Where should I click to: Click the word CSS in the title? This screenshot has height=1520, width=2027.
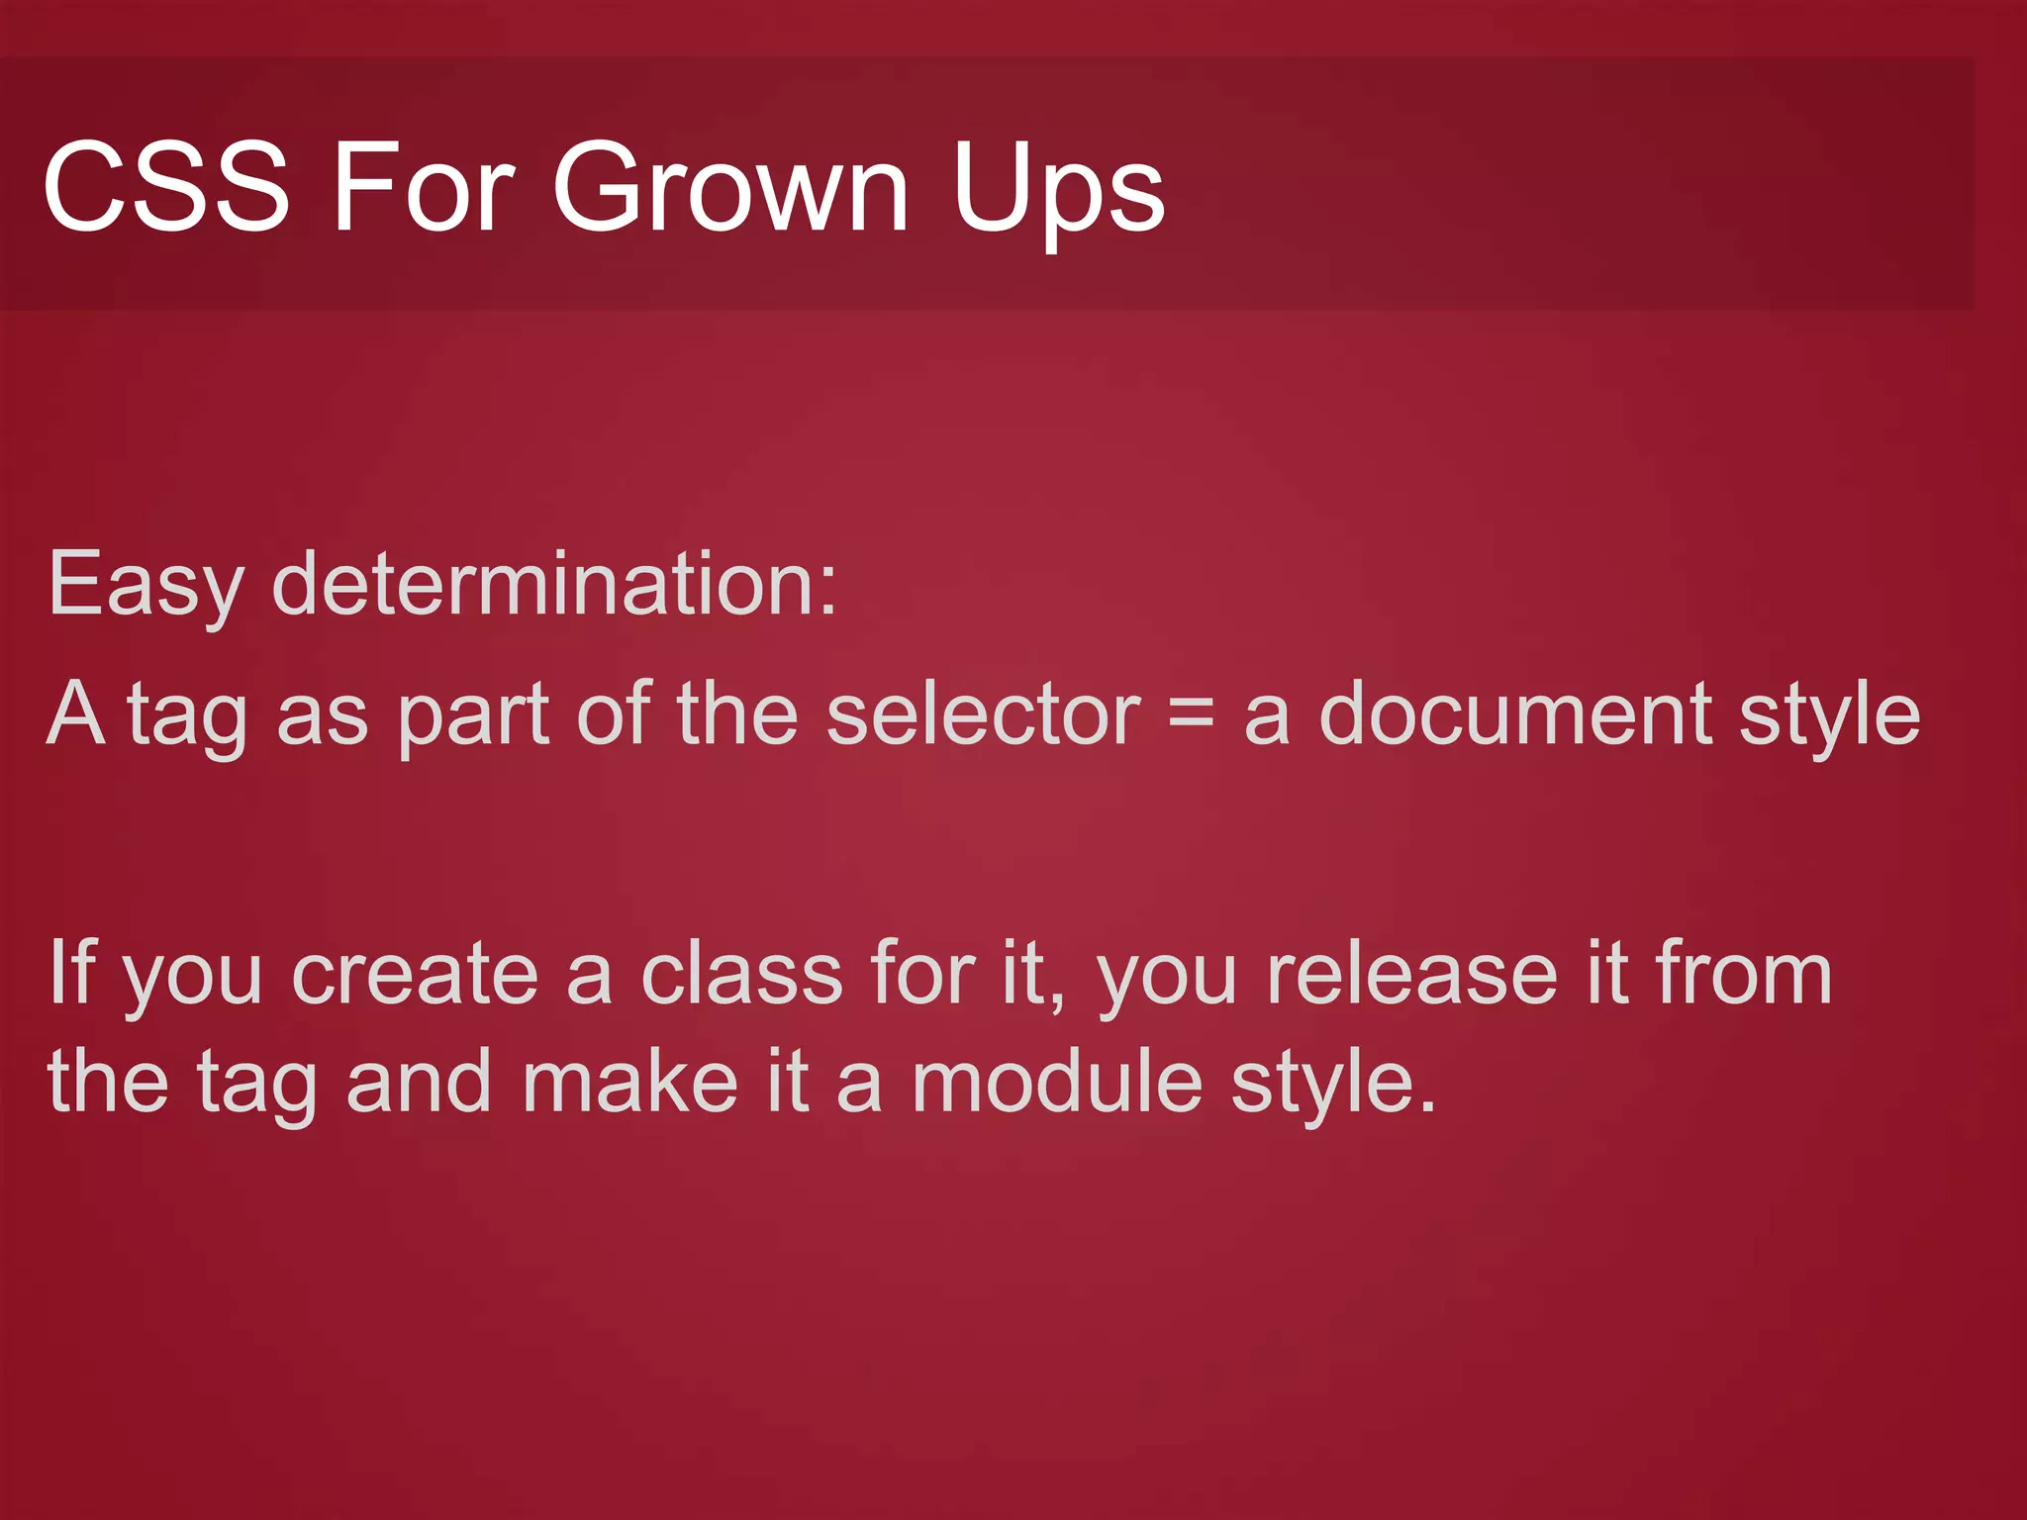point(166,187)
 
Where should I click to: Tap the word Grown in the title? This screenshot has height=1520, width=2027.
point(729,187)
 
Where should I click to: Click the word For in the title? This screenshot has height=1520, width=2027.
point(423,187)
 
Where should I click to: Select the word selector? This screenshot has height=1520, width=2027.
point(983,714)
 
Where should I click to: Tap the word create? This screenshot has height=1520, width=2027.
point(416,975)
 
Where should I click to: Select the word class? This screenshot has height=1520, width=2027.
point(742,975)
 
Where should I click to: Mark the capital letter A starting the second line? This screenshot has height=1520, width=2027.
point(76,714)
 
